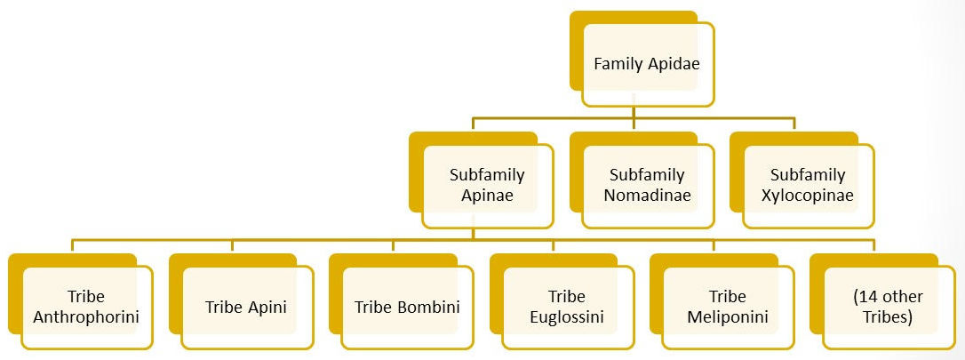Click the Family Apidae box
click(646, 64)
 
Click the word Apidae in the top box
click(673, 64)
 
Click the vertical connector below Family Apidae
click(631, 118)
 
